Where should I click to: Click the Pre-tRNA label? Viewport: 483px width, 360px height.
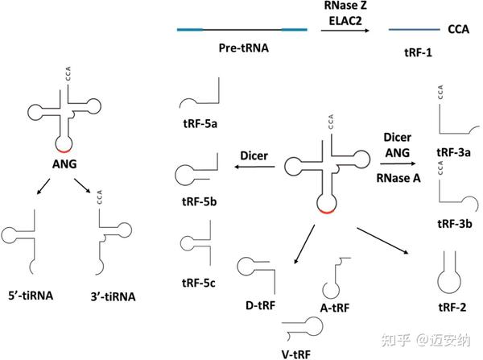point(242,48)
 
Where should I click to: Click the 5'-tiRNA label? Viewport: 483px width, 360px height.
point(30,296)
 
